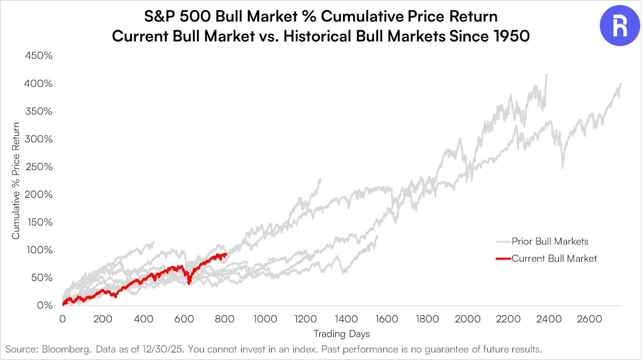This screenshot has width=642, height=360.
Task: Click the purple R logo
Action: coord(620,26)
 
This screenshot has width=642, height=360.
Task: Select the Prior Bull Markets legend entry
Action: coord(550,241)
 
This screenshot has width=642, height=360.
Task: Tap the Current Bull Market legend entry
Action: coord(554,258)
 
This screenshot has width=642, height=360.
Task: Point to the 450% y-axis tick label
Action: coord(39,55)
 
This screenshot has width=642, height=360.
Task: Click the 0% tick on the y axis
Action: coord(45,305)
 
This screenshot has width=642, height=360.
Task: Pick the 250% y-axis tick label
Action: coord(39,167)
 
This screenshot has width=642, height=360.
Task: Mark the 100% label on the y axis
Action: coord(39,250)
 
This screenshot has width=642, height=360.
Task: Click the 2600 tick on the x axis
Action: coord(589,319)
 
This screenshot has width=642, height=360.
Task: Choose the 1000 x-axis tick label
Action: coord(265,319)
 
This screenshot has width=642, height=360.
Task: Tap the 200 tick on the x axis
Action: coord(103,319)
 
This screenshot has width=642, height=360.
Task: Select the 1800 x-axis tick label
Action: coord(427,319)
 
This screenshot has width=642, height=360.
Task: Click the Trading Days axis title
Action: coord(341,334)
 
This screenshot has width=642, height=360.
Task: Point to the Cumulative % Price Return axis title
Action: coord(16,181)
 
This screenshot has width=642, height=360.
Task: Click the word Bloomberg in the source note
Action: coord(66,349)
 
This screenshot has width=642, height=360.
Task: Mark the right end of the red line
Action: coord(226,254)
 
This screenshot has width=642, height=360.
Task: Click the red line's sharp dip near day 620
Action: coord(189,283)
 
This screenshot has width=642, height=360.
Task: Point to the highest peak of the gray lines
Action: coord(546,74)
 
